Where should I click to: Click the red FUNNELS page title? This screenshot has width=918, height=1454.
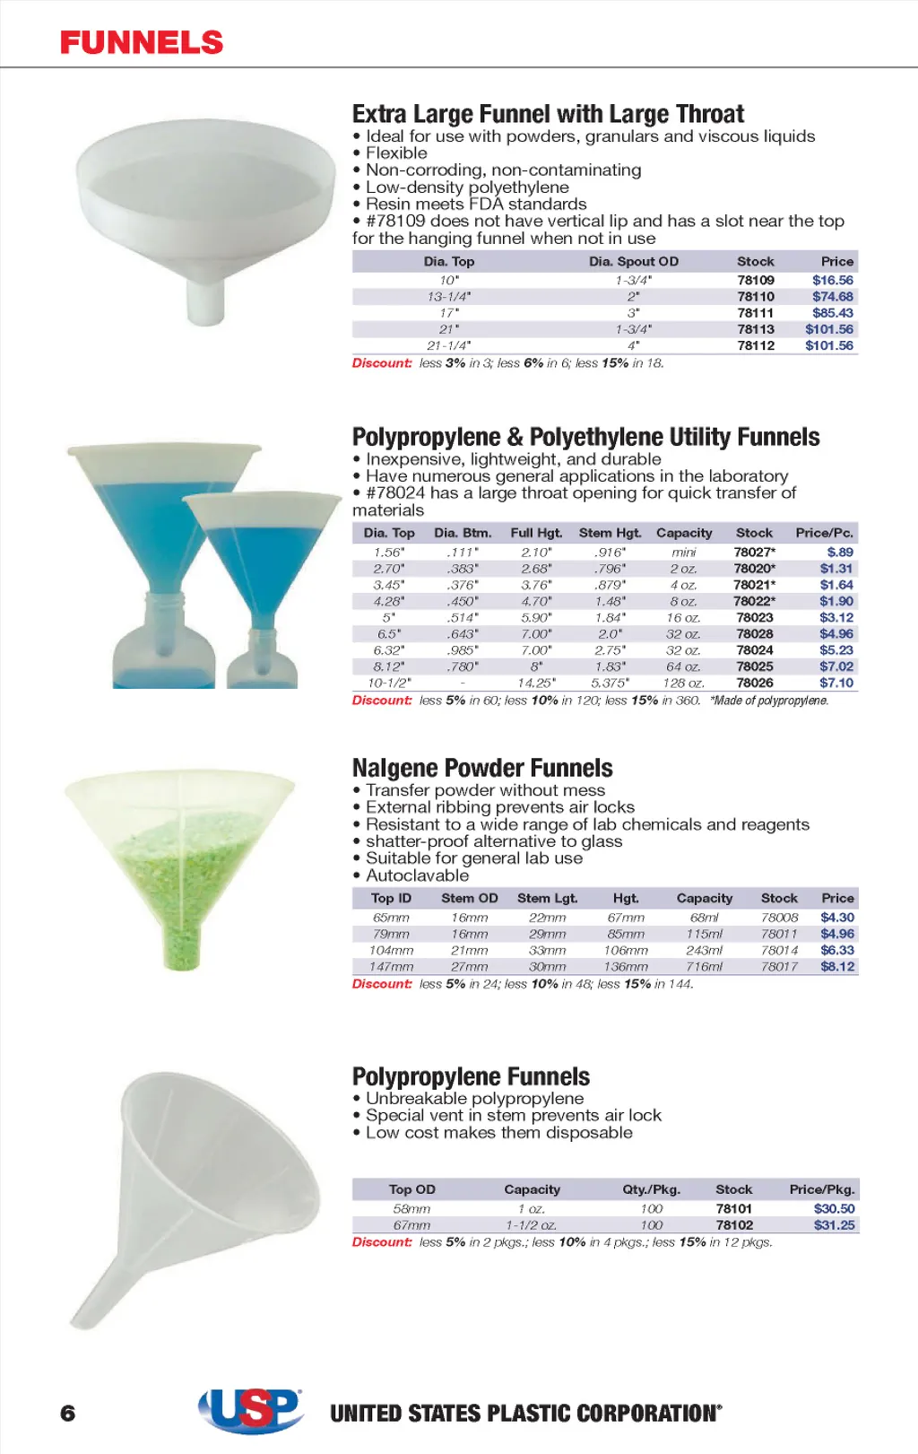[x=142, y=42]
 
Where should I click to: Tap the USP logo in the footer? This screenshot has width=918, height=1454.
[x=250, y=1410]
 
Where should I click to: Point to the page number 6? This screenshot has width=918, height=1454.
[x=68, y=1413]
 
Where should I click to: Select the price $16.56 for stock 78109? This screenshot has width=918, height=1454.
[x=832, y=280]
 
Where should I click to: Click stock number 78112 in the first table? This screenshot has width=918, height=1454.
[x=756, y=345]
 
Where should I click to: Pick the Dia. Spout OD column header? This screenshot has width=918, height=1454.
[x=633, y=261]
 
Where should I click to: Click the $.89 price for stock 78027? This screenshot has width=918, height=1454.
[x=840, y=552]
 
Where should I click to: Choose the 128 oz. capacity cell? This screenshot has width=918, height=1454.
[x=683, y=683]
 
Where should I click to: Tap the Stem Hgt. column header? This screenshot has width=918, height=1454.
[x=610, y=532]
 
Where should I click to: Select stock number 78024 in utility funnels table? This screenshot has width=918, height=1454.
[x=754, y=649]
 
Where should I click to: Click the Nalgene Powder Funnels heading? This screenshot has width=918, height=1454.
[x=482, y=768]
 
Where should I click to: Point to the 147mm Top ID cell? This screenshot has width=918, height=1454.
[x=391, y=966]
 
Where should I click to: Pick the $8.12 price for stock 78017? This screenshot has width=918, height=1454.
[x=837, y=966]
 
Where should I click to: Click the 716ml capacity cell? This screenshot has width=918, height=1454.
[x=704, y=966]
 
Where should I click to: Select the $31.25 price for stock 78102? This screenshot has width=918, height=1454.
[x=834, y=1224]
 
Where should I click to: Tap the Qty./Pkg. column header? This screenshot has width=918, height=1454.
[x=651, y=1188]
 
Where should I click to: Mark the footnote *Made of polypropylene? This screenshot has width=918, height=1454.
[x=769, y=701]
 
